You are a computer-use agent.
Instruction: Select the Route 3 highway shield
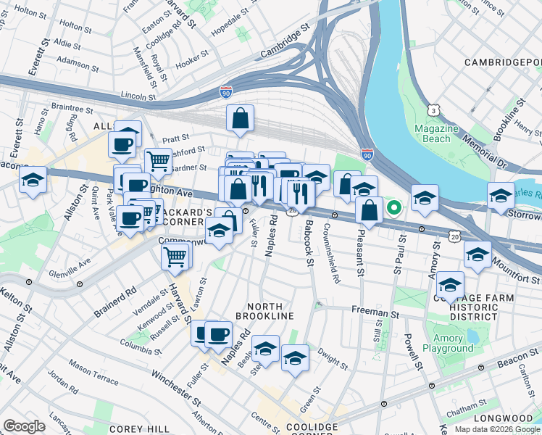[433, 109]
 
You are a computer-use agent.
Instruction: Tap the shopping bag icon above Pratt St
[240, 119]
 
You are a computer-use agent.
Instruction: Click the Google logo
[25, 426]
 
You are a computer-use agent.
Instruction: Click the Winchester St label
[176, 387]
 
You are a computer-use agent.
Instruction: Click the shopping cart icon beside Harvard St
[176, 256]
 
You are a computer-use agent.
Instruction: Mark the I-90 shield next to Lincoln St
[226, 93]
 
